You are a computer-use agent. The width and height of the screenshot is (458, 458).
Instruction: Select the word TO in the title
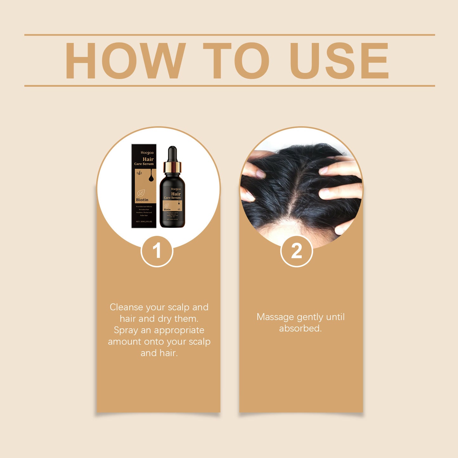236,61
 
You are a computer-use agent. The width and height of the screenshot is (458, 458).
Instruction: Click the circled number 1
157,251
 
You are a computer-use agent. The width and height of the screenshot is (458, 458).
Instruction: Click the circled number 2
297,251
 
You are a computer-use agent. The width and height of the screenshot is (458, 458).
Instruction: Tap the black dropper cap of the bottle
172,154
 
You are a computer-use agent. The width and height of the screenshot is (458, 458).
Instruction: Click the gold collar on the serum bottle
172,167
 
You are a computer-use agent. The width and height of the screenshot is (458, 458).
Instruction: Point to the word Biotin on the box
142,200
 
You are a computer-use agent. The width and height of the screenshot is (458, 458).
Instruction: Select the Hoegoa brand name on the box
147,153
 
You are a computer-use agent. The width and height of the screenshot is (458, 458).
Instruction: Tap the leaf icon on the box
141,193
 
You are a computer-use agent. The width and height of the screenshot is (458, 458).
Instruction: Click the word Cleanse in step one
126,307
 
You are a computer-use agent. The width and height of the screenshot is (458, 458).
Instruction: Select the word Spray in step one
126,330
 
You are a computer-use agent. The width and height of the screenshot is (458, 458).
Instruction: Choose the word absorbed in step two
300,328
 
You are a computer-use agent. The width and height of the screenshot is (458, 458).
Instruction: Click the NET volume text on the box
144,222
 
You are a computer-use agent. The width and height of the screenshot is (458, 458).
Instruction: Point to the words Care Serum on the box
144,164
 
